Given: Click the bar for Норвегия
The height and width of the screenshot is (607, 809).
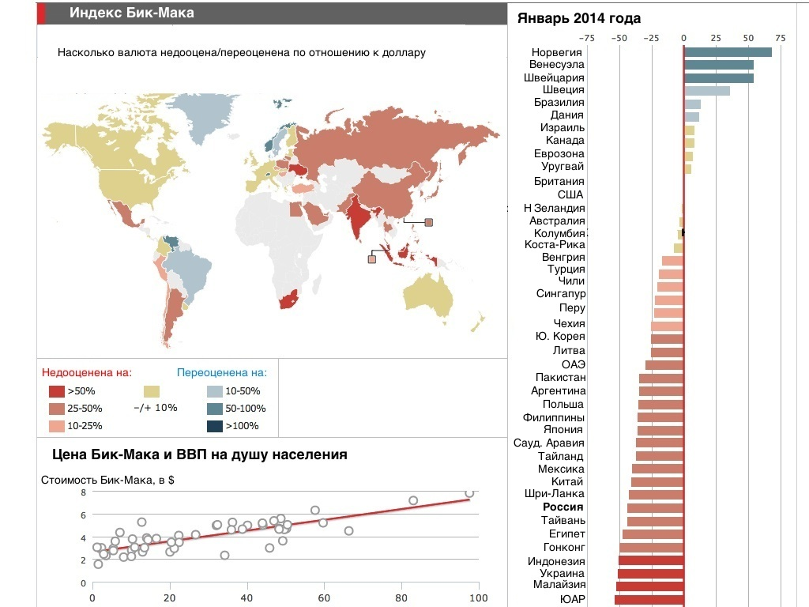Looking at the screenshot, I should (x=728, y=52).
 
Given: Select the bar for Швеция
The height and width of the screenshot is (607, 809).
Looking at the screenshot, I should (x=706, y=90).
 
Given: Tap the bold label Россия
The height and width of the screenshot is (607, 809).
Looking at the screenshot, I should (x=563, y=507).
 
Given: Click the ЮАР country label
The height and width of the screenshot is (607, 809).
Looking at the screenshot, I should (x=572, y=599).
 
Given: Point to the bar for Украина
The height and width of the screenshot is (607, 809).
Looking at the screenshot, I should (x=651, y=574).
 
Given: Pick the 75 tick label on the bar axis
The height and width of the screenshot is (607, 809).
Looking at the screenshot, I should (x=780, y=37).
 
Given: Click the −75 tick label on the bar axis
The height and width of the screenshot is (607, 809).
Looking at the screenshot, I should (x=587, y=37).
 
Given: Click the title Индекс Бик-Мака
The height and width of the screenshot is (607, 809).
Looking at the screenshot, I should (x=132, y=13).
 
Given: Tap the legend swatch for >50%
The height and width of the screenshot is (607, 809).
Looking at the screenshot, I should (x=56, y=391).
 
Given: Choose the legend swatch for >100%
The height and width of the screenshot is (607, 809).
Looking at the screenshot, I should (x=214, y=427).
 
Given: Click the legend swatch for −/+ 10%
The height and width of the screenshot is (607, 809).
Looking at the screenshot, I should (x=152, y=391).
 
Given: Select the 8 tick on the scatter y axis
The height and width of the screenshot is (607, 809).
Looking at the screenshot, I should (x=83, y=492).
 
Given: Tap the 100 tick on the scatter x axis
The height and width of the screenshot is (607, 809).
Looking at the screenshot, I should (x=479, y=598).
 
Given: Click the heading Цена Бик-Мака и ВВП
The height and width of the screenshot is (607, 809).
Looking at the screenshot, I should (x=199, y=454).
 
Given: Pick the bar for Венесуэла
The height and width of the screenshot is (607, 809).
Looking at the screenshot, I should (x=719, y=65).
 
